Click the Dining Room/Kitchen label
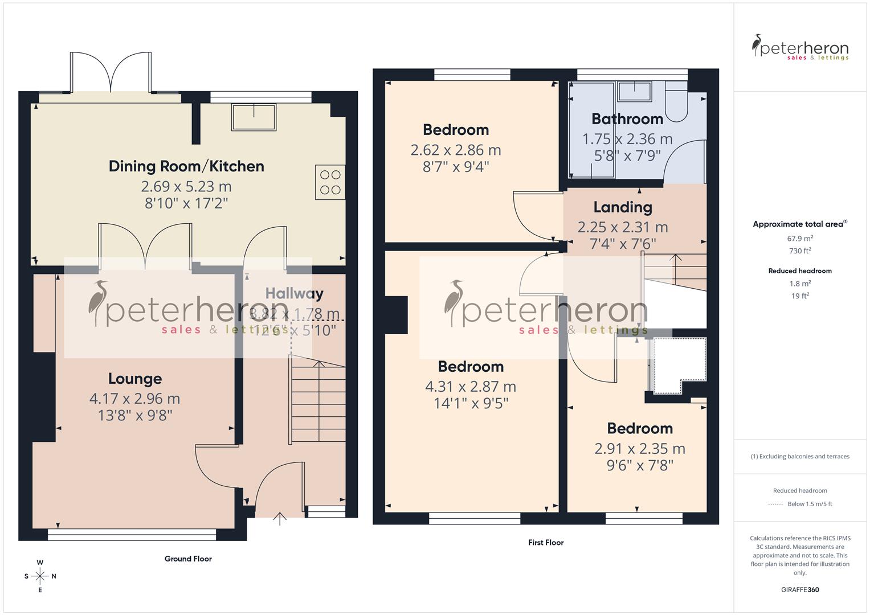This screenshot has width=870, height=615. click(186, 166)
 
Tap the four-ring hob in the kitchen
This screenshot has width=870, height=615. click(330, 182)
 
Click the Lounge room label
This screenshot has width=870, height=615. click(135, 379)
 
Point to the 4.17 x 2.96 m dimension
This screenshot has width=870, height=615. click(135, 399)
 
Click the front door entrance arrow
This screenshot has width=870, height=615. click(279, 518)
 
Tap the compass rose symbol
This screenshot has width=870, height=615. click(40, 576)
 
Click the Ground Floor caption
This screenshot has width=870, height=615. click(188, 559)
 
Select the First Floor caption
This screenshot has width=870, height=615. click(545, 543)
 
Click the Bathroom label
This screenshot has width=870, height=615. click(627, 119)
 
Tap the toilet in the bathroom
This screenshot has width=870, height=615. click(677, 102)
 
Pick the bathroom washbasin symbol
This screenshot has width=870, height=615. click(635, 89)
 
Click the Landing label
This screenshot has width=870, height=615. click(623, 207)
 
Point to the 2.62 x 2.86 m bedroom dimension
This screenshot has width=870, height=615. click(456, 150)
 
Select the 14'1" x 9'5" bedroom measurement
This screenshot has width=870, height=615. click(471, 403)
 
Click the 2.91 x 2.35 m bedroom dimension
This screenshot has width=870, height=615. click(640, 449)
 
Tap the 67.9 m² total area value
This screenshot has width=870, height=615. click(800, 239)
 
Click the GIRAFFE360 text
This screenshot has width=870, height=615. click(800, 589)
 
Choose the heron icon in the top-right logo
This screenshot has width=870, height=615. click(757, 46)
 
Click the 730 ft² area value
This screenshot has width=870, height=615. click(800, 251)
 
